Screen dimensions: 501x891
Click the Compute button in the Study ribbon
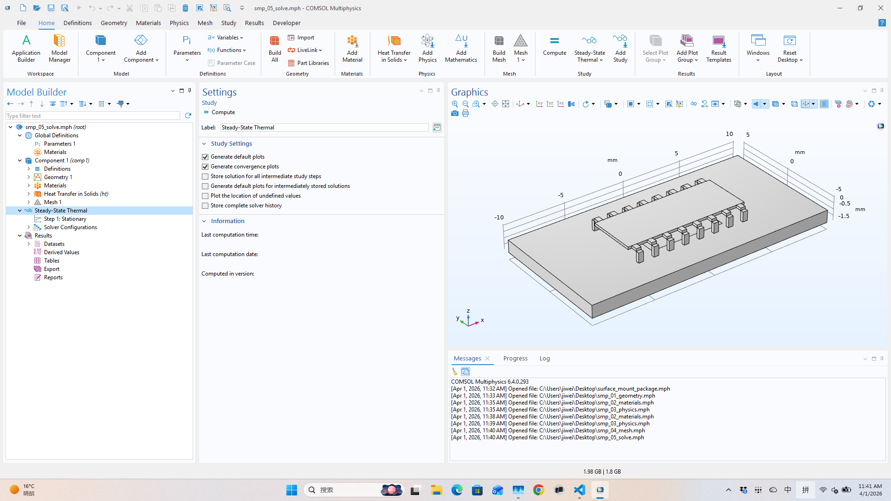click(554, 46)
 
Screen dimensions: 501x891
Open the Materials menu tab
click(148, 23)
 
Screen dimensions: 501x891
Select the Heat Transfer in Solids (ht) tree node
click(76, 194)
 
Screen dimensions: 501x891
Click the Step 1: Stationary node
click(65, 219)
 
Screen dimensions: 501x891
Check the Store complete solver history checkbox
click(205, 206)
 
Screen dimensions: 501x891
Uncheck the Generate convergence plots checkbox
click(205, 167)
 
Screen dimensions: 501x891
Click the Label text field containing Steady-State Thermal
click(324, 128)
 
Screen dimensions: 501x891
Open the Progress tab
click(515, 359)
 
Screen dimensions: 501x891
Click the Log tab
click(544, 359)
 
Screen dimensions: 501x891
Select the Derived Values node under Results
click(61, 252)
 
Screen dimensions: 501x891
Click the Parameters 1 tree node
click(59, 144)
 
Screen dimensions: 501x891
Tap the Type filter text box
click(93, 116)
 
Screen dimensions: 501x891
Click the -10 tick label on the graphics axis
click(498, 217)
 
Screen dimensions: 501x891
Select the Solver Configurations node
click(70, 227)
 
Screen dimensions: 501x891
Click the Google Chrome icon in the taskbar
click(538, 490)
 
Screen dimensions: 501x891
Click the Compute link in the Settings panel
click(223, 112)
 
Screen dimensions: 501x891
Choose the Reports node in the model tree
click(53, 277)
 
